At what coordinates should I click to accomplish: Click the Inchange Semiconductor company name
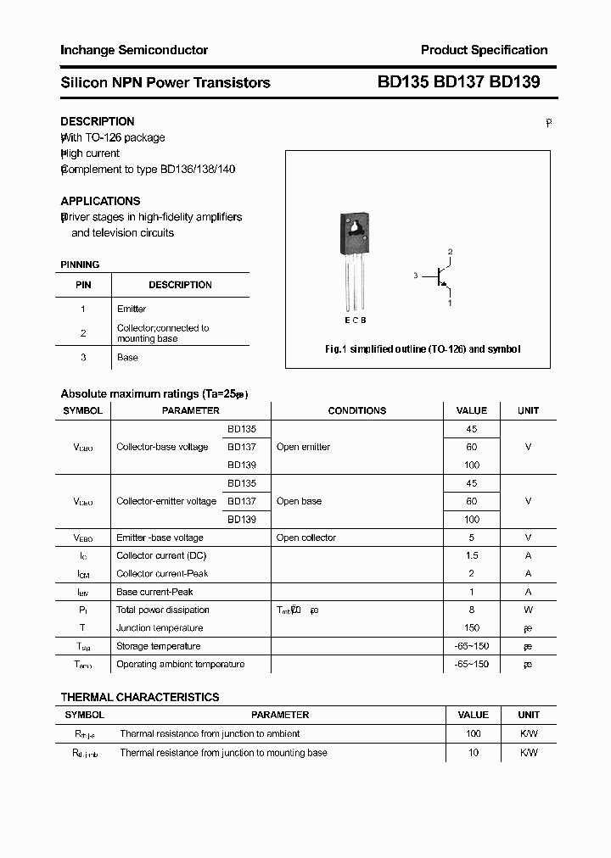click(134, 50)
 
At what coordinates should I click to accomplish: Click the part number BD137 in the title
click(459, 82)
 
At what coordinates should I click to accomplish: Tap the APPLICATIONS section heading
click(100, 201)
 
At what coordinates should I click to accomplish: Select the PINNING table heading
click(80, 265)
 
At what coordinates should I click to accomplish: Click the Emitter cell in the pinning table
click(132, 309)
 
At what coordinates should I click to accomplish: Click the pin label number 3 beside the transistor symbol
click(416, 276)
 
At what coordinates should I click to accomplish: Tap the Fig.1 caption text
click(423, 349)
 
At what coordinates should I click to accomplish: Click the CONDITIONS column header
click(356, 410)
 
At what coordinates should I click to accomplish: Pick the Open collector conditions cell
click(306, 538)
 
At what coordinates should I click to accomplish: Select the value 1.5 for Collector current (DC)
click(472, 555)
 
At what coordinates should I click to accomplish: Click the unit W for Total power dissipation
click(528, 610)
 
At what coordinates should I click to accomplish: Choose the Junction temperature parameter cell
click(160, 628)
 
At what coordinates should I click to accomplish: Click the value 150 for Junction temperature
click(472, 628)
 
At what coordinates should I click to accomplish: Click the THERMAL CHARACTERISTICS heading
click(140, 697)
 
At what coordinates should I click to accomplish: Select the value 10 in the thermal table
click(474, 752)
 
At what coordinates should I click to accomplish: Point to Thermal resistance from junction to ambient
click(210, 733)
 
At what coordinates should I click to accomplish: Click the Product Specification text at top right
click(484, 50)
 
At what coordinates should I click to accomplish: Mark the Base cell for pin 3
click(127, 357)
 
